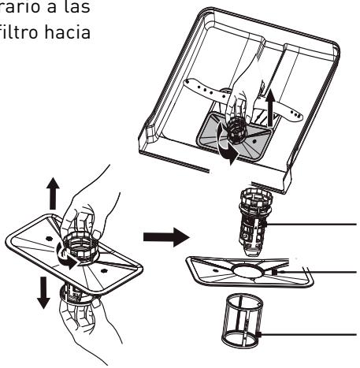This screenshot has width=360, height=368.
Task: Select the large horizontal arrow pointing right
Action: point(166,237)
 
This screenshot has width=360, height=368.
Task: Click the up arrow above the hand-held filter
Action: point(53,194)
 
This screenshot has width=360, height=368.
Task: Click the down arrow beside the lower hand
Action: point(43,293)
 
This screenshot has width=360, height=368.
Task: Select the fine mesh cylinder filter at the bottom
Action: point(242,321)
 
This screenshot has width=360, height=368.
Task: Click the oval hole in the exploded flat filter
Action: point(247,271)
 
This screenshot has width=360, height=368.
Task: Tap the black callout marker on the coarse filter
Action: point(265,225)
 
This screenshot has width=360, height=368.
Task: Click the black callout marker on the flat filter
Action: point(274,272)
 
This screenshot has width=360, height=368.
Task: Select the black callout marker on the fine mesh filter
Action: point(258,334)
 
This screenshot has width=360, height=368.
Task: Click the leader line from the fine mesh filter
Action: point(309,334)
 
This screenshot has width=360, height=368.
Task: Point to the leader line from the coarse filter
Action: point(312,225)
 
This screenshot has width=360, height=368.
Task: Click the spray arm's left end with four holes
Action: point(202,88)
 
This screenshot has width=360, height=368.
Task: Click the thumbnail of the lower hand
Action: point(96,303)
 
